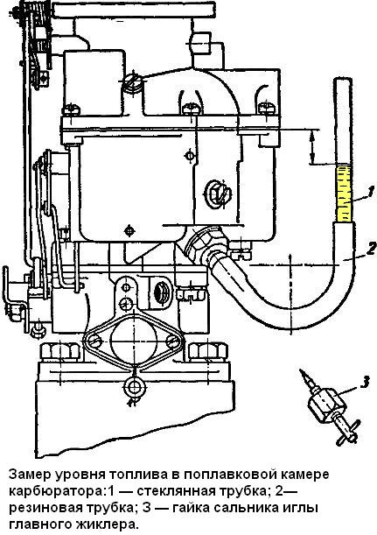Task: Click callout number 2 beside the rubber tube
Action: (371, 249)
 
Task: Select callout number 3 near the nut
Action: (365, 382)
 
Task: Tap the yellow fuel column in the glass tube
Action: (344, 194)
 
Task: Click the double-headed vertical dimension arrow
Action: (311, 146)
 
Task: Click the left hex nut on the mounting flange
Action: (60, 351)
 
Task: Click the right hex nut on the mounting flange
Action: (208, 351)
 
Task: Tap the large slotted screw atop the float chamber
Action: (133, 82)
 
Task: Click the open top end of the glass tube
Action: (343, 79)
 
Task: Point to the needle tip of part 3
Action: (301, 370)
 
